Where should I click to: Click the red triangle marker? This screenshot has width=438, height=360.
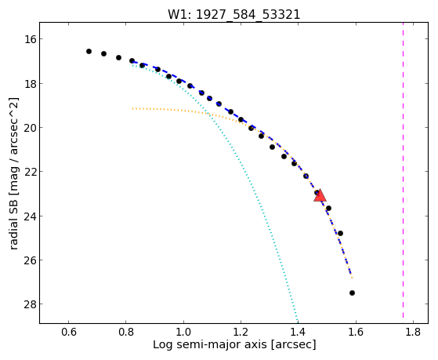pyautogui.click(x=320, y=195)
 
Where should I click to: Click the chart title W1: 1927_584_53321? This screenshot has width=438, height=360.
pyautogui.click(x=233, y=15)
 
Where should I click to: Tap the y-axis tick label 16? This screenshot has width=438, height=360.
pyautogui.click(x=31, y=39)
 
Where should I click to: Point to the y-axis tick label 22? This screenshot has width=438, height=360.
pyautogui.click(x=31, y=172)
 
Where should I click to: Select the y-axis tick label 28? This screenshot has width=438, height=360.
pyautogui.click(x=31, y=304)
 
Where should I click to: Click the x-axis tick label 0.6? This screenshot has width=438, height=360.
pyautogui.click(x=68, y=332)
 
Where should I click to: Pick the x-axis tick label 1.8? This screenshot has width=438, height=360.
pyautogui.click(x=413, y=332)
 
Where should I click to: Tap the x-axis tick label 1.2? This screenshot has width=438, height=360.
pyautogui.click(x=241, y=332)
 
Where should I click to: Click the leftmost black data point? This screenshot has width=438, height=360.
pyautogui.click(x=89, y=51)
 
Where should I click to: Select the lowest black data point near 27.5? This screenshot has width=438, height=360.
pyautogui.click(x=352, y=293)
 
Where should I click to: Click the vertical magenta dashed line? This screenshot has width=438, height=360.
pyautogui.click(x=403, y=170)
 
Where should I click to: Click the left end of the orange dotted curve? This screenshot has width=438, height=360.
pyautogui.click(x=133, y=108)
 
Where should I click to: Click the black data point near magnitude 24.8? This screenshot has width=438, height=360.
pyautogui.click(x=340, y=233)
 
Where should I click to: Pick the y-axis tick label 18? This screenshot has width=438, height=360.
pyautogui.click(x=31, y=83)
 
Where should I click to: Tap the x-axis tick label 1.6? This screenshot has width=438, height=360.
pyautogui.click(x=356, y=332)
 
